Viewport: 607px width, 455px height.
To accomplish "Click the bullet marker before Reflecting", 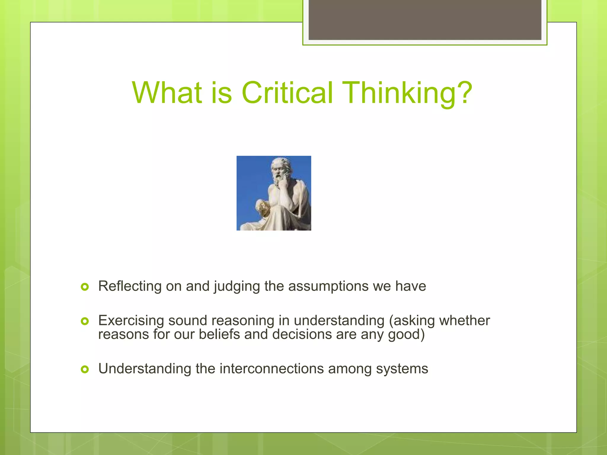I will click(x=85, y=287).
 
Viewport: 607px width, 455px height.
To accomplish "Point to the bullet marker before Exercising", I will click(x=85, y=321).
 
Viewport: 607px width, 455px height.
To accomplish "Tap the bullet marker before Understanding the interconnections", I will click(x=85, y=369).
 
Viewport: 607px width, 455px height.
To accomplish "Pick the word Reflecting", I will click(x=130, y=286).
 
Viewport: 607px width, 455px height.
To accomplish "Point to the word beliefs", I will click(x=219, y=334).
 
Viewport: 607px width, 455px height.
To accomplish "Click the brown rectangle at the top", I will click(x=425, y=20).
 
